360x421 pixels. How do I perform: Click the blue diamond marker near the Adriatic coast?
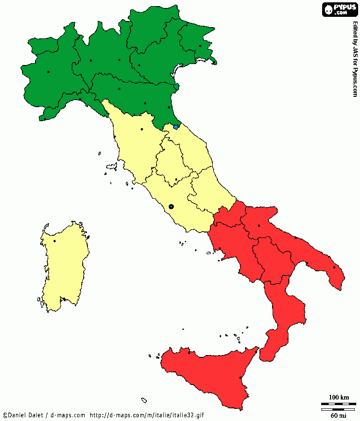click(176, 127)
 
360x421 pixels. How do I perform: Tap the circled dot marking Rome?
click(171, 206)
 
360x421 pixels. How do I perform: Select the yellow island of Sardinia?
click(63, 267)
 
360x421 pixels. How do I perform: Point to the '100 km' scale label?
click(338, 398)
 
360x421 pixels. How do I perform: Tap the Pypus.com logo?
click(339, 9)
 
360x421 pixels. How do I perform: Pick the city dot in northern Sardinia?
click(55, 241)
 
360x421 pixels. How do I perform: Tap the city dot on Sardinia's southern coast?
click(64, 299)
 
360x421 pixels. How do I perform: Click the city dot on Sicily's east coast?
click(240, 377)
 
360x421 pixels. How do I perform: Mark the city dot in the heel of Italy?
click(334, 268)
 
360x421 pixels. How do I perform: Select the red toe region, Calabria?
click(285, 318)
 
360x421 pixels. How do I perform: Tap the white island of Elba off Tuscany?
click(111, 166)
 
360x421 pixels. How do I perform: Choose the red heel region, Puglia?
click(299, 243)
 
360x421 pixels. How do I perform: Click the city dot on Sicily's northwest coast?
click(189, 352)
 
